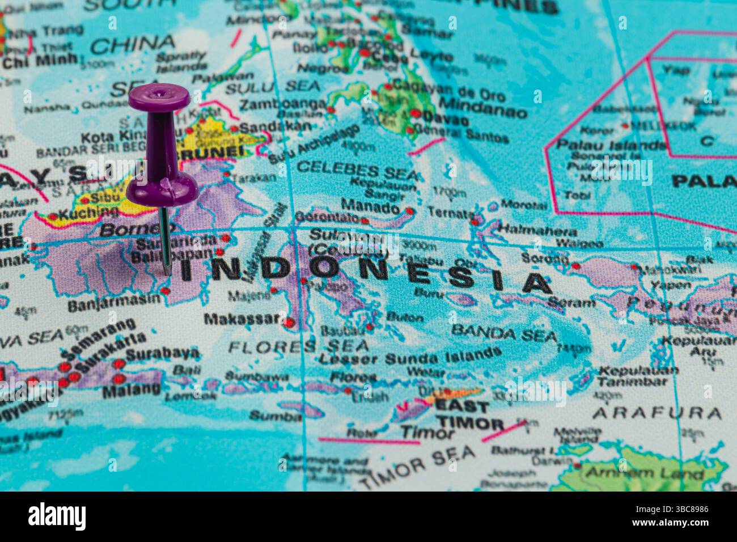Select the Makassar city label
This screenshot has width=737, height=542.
[242, 319]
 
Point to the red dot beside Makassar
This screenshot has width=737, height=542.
[289, 322]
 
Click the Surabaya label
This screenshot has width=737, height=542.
[163, 354]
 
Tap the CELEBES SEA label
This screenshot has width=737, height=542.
[357, 168]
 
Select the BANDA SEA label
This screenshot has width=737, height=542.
[504, 333]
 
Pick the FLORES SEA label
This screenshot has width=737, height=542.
[299, 345]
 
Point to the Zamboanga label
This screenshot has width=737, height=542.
[283, 105]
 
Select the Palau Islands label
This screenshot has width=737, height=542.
[611, 145]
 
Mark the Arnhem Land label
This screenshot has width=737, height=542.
[644, 473]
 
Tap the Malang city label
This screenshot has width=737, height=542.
[132, 390]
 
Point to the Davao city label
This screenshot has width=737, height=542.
[446, 121]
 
